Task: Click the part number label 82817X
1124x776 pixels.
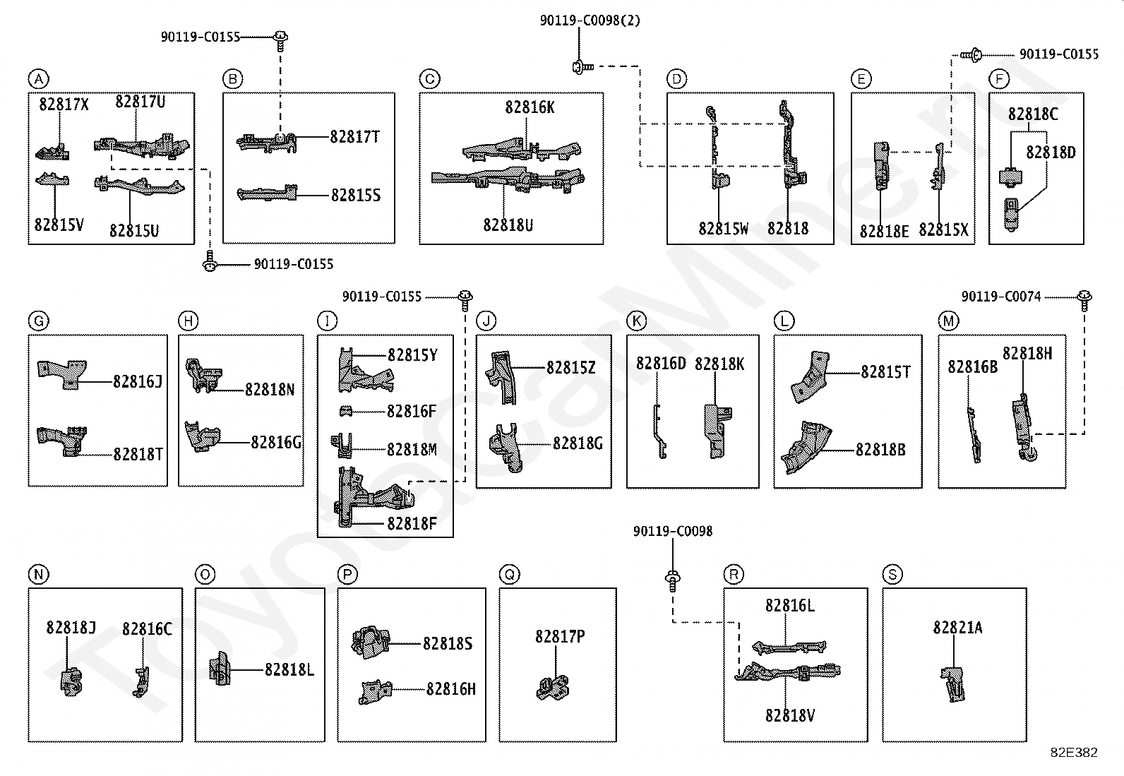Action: pyautogui.click(x=64, y=104)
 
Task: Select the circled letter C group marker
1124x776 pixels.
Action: pyautogui.click(x=429, y=79)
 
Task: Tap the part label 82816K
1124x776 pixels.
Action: pyautogui.click(x=530, y=107)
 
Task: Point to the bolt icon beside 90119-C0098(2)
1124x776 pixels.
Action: pyautogui.click(x=582, y=66)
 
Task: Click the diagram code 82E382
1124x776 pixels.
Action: pyautogui.click(x=1074, y=752)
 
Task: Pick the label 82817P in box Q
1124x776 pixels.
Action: pyautogui.click(x=560, y=636)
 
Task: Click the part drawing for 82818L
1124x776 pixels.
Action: pyautogui.click(x=220, y=669)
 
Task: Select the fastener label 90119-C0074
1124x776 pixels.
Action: pyautogui.click(x=1001, y=297)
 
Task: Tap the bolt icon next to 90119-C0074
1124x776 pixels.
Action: pyautogui.click(x=1084, y=299)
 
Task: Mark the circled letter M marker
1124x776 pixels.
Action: pyautogui.click(x=948, y=321)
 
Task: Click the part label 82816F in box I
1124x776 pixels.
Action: pyautogui.click(x=412, y=411)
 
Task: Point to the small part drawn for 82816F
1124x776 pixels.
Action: pyautogui.click(x=346, y=411)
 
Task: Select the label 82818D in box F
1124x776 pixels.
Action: pyautogui.click(x=1051, y=152)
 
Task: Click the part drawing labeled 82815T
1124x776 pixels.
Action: pyautogui.click(x=810, y=377)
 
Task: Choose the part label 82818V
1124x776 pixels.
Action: pyautogui.click(x=790, y=715)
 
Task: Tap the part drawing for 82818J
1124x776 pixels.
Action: pyautogui.click(x=71, y=682)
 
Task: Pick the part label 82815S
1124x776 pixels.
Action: pyautogui.click(x=356, y=195)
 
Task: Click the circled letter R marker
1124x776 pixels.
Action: pyautogui.click(x=734, y=574)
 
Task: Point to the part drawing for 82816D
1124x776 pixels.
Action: pyautogui.click(x=659, y=431)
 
